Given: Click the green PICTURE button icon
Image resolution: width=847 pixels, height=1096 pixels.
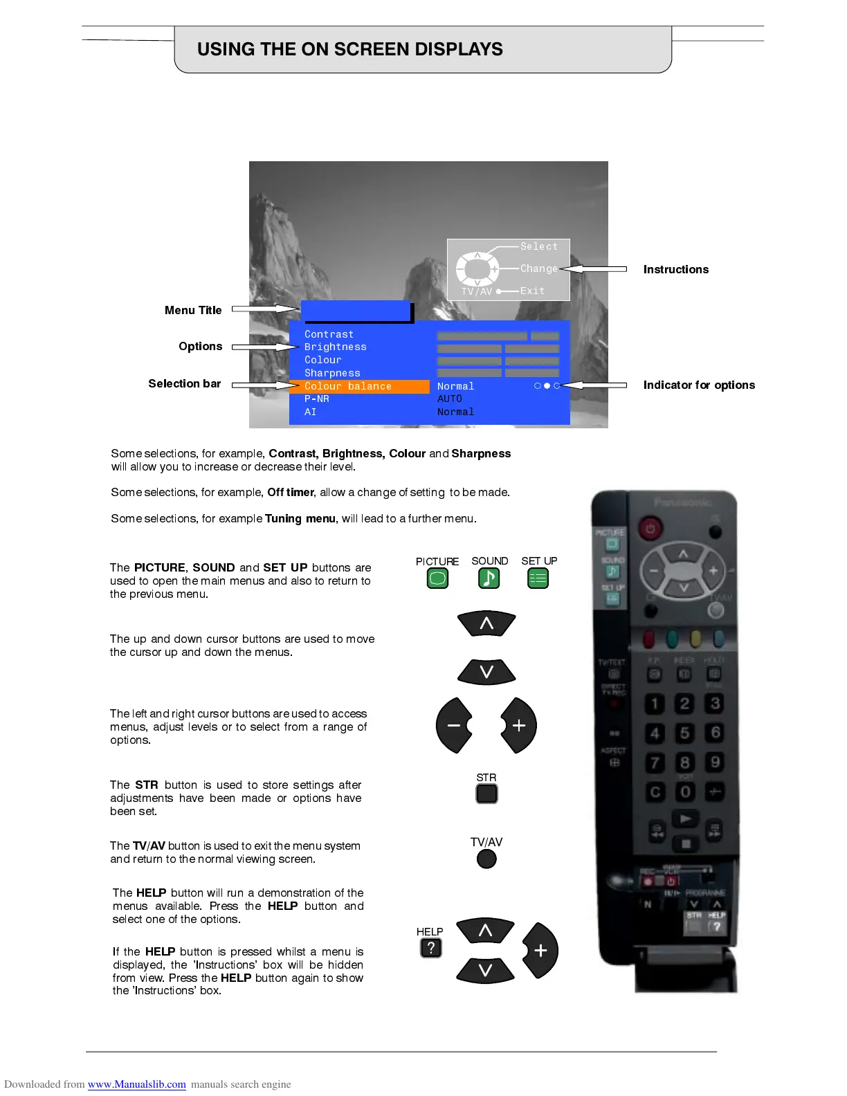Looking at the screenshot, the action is pos(437,578).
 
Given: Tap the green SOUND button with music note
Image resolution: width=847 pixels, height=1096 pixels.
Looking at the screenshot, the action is pos(489,578).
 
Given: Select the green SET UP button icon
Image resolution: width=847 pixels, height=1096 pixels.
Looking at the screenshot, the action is pos(538,578).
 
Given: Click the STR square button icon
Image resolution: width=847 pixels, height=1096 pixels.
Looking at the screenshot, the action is pos(486,794).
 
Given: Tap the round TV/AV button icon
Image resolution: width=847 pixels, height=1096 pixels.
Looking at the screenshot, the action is pos(486,859).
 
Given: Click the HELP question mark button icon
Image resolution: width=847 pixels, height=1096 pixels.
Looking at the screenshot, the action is pos(430,948).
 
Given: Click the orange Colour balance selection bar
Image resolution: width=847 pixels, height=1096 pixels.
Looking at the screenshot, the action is pos(359,386).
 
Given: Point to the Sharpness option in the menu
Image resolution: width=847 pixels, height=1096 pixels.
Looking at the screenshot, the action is pos(332,373).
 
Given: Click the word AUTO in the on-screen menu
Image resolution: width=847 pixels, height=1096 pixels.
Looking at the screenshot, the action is pos(449,399).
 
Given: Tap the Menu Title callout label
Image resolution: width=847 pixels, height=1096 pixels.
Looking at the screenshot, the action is pos(193,310).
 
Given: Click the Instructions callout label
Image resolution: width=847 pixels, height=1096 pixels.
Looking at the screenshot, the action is pos(675,269).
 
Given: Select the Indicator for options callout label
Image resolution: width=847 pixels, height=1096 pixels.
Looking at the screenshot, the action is pos(699,385).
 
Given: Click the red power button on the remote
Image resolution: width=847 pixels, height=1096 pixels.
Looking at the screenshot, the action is pos(649,529).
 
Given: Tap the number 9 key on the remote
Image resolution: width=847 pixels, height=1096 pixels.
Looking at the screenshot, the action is pos(715,762).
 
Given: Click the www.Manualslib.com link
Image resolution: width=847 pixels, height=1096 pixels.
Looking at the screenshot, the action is pos(136,1084).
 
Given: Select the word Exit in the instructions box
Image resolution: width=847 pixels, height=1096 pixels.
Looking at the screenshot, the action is pos(532,291).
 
